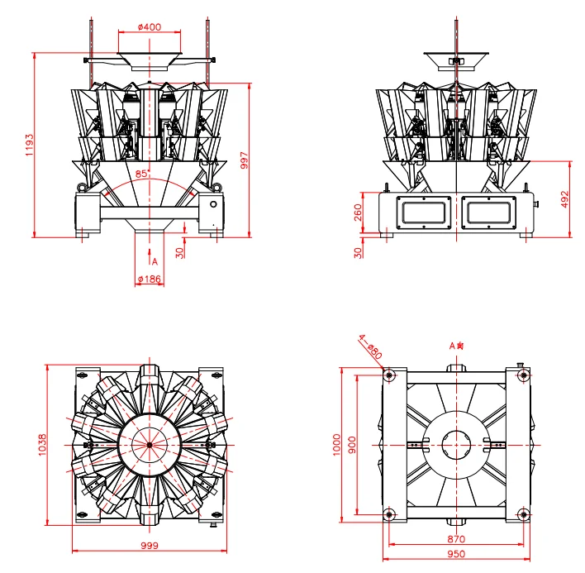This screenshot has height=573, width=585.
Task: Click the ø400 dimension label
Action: tap(149, 27)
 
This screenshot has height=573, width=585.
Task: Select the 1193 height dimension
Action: tap(28, 144)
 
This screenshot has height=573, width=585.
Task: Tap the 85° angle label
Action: tap(141, 174)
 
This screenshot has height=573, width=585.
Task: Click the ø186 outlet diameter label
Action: tap(149, 279)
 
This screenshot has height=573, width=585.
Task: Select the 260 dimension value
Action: tap(358, 212)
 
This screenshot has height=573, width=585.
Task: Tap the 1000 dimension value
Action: tap(335, 445)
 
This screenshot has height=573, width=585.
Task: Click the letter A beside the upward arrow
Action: tap(155, 260)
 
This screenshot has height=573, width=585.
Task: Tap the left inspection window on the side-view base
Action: tap(425, 212)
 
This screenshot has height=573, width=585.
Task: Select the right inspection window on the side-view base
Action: tap(487, 212)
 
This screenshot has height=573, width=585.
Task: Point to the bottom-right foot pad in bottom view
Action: tap(522, 517)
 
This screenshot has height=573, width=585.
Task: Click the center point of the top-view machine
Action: tap(149, 445)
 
